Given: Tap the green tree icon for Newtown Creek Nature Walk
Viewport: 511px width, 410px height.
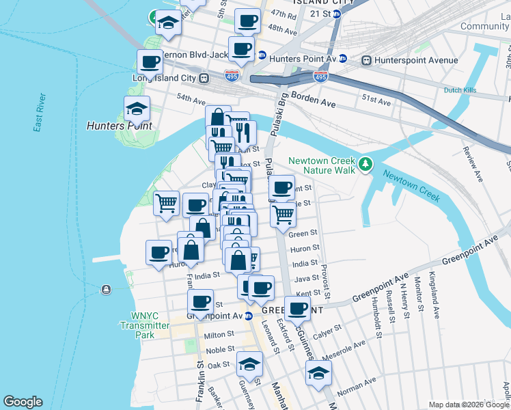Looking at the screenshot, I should [366, 163].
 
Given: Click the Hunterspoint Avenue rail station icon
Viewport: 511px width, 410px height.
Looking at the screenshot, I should [367, 60].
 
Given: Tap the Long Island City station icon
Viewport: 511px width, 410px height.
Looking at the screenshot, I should [204, 78].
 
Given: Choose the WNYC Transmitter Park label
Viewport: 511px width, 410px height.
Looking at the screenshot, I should [150, 326].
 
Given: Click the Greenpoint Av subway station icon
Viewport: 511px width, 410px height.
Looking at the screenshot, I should [249, 316].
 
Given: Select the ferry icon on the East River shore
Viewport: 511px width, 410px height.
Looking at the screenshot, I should [106, 290].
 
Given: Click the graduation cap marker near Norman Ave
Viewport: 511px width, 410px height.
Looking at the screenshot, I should [318, 373].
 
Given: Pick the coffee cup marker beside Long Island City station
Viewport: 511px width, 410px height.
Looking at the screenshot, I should [150, 62].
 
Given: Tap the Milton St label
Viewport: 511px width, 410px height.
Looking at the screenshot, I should [219, 335].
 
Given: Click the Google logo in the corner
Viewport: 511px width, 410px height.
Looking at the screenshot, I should [23, 402].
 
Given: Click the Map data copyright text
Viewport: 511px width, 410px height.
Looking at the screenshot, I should [469, 405].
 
